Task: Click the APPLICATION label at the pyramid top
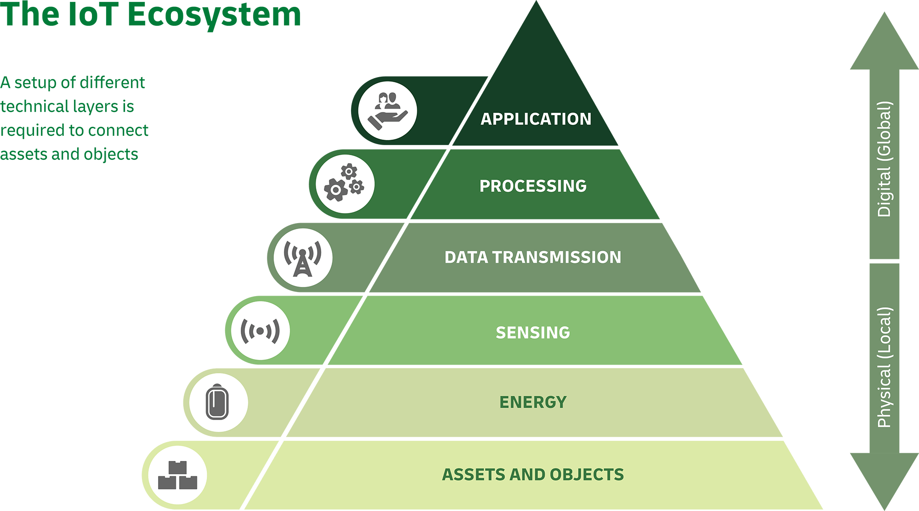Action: (x=536, y=119)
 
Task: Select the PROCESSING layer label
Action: (x=533, y=186)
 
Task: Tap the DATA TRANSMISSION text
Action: (x=533, y=257)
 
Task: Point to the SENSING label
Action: (x=533, y=332)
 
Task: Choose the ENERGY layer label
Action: (x=533, y=402)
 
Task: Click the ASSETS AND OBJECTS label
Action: (x=533, y=474)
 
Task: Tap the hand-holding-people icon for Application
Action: (x=388, y=111)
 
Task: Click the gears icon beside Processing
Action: (x=345, y=184)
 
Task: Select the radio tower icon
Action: (x=303, y=258)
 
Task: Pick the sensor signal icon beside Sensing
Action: (x=261, y=331)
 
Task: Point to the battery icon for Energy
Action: (x=218, y=403)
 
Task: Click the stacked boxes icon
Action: (x=177, y=476)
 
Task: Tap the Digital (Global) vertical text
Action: (x=884, y=159)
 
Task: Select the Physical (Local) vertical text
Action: (x=884, y=367)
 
